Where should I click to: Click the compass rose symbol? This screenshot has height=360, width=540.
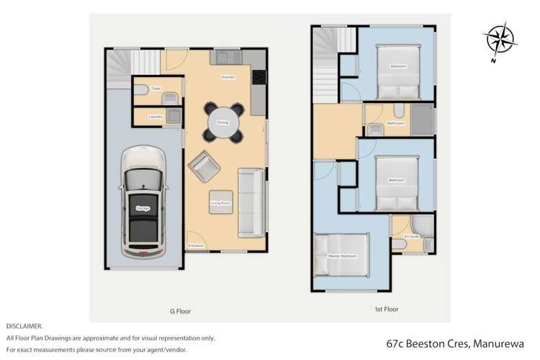(x=498, y=40)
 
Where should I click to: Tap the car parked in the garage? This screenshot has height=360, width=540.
(x=142, y=204)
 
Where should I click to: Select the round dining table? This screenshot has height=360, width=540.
(x=222, y=122)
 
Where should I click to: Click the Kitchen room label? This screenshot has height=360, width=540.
(x=228, y=77)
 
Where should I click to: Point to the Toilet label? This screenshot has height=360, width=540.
(x=155, y=89)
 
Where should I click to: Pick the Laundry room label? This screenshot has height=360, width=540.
(x=156, y=117)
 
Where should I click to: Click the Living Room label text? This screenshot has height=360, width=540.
(x=220, y=204)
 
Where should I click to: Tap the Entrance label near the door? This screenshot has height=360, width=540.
(x=195, y=246)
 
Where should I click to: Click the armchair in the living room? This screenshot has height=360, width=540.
(x=203, y=167)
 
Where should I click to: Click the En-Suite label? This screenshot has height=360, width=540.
(x=411, y=236)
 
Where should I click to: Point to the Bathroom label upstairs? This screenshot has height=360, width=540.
(x=395, y=123)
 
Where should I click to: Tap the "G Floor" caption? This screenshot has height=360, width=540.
(x=180, y=312)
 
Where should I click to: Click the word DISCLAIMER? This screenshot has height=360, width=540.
(x=24, y=326)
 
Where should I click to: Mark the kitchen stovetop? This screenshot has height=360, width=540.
(x=258, y=77)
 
